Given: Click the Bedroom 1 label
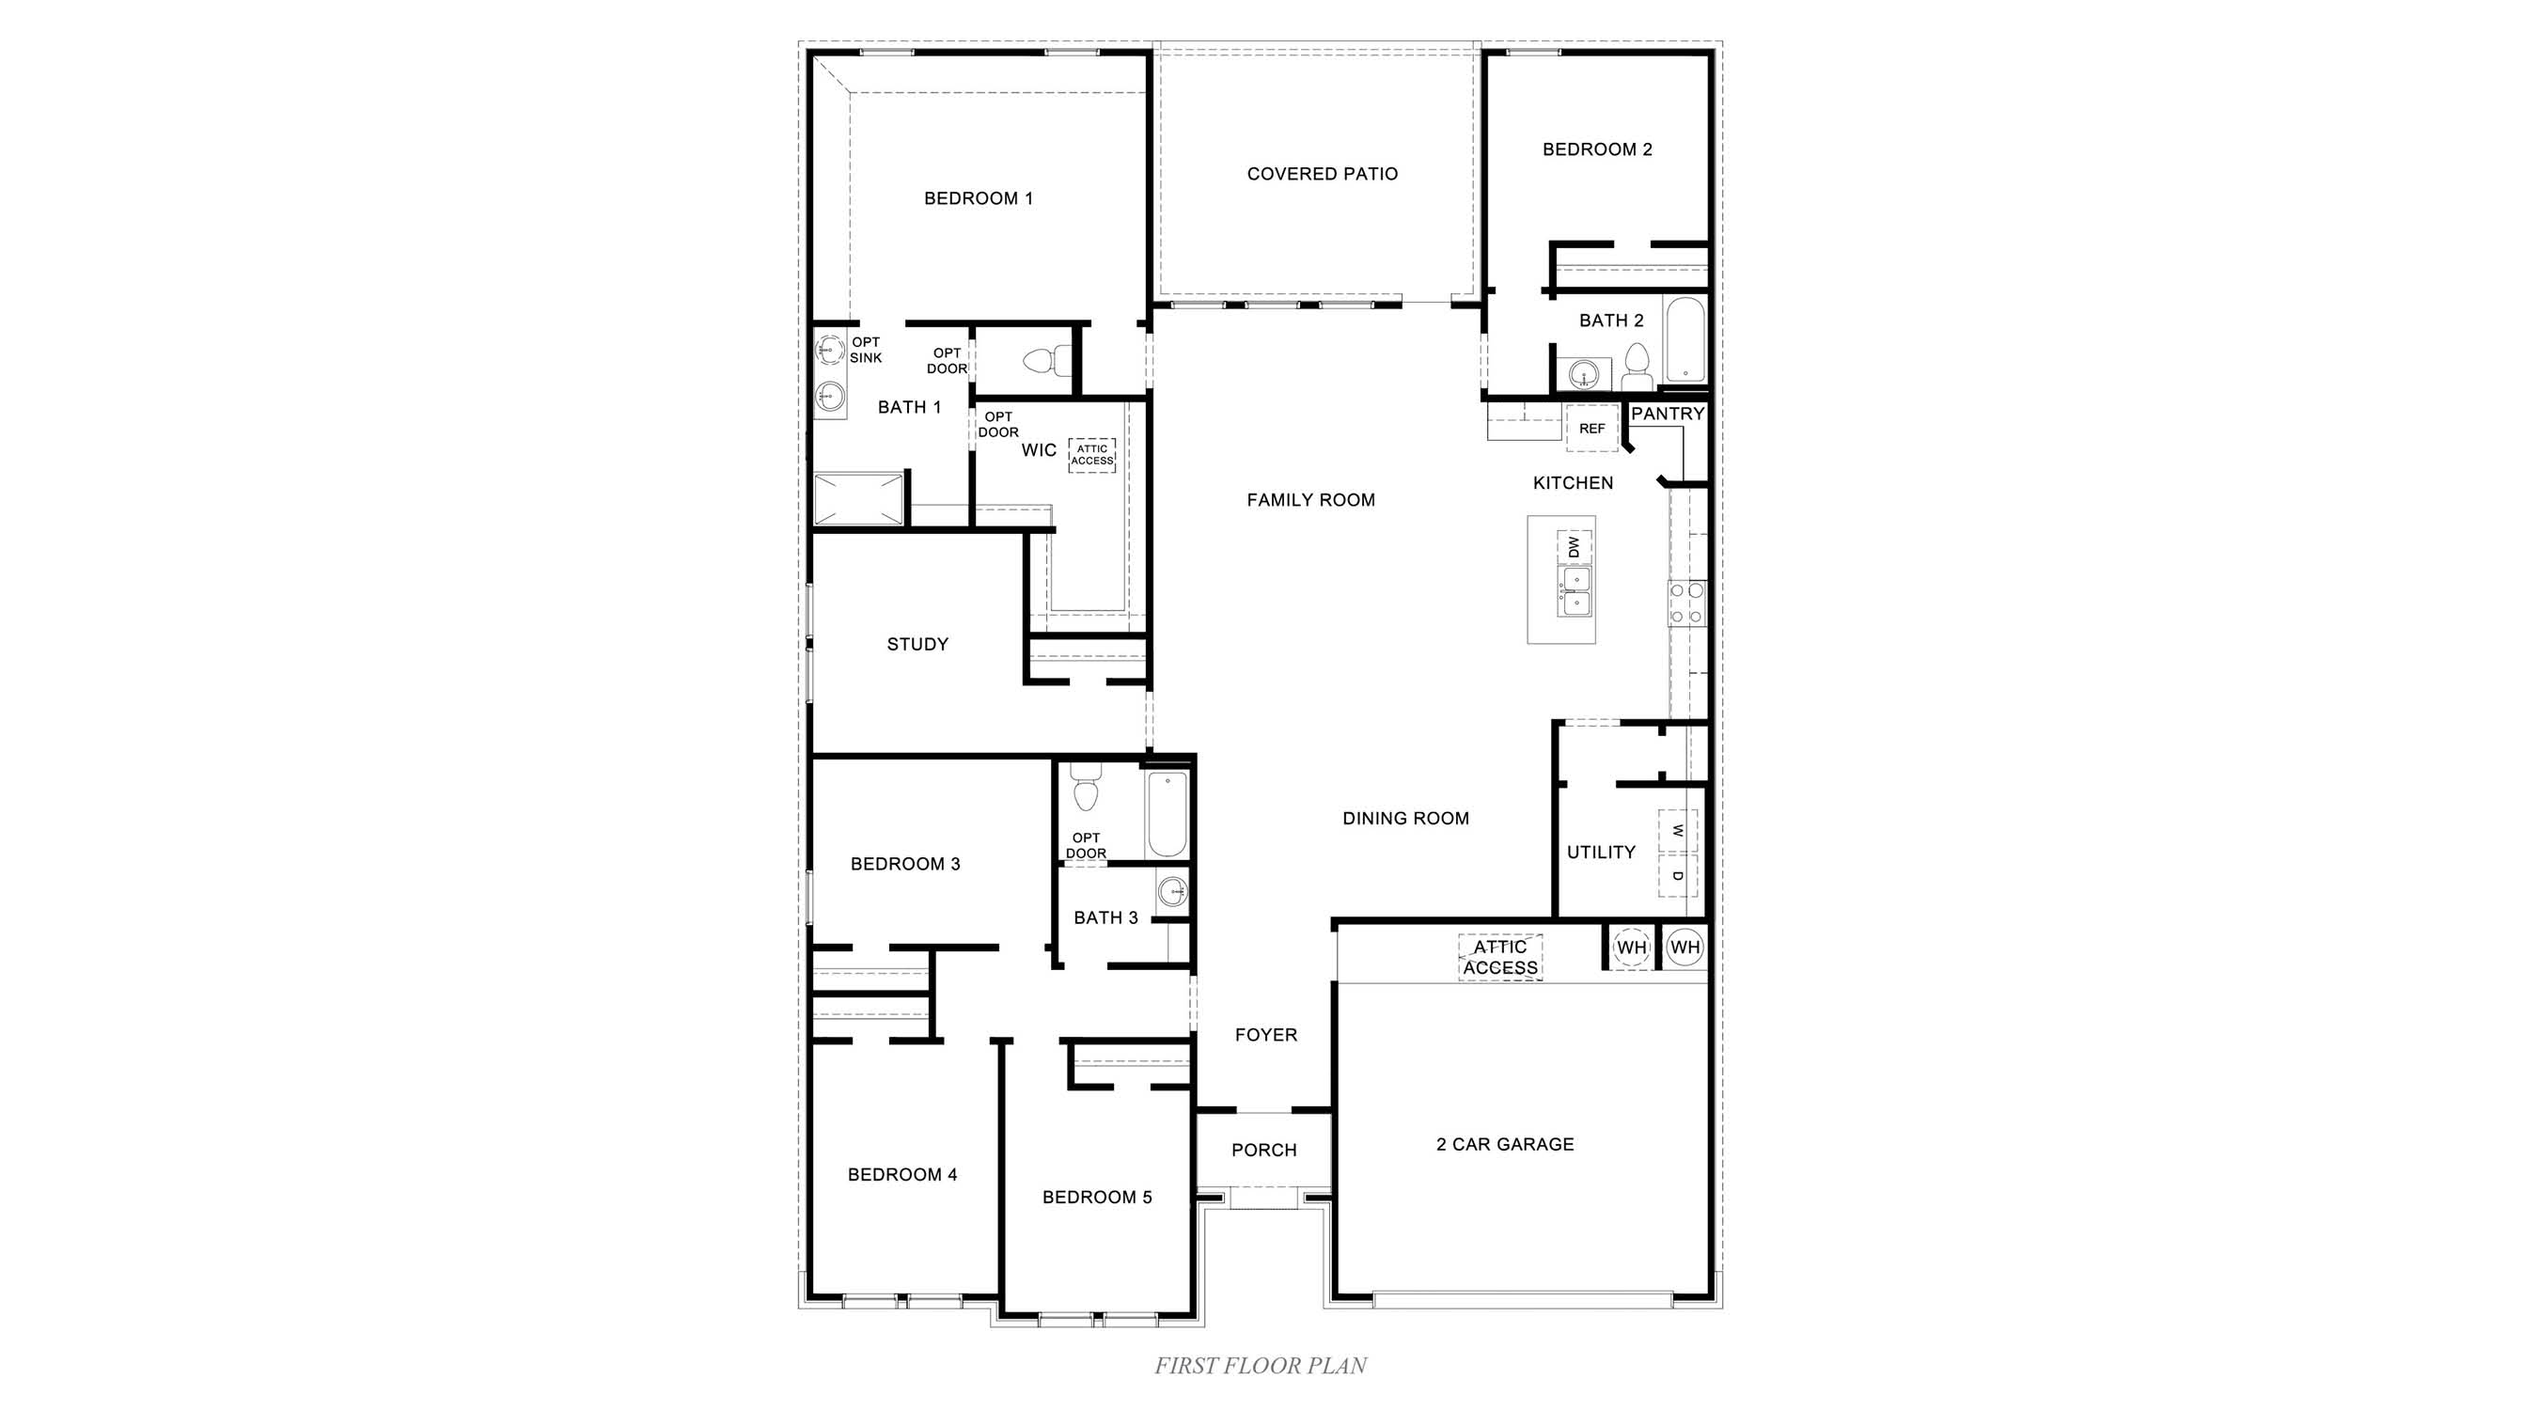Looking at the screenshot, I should [x=978, y=198].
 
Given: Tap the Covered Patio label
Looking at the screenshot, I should [x=1322, y=174].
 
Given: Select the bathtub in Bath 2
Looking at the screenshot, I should [x=1685, y=340].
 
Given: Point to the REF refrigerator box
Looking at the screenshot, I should [x=1591, y=429].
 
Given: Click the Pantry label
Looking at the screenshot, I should [x=1667, y=415].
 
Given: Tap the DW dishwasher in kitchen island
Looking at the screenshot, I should [x=1574, y=546].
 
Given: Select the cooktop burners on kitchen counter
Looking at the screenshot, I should [x=1686, y=603].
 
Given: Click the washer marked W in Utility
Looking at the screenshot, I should [x=1678, y=830].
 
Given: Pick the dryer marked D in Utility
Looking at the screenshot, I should [x=1678, y=875].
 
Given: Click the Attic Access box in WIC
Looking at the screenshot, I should [x=1091, y=455].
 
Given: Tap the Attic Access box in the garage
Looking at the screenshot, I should [x=1499, y=958].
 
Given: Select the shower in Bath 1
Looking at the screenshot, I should [x=858, y=499].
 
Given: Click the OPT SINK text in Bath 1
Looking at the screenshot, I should [x=866, y=350].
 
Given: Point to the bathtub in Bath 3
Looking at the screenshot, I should [x=1167, y=814].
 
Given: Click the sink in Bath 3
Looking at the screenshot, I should [x=1172, y=892].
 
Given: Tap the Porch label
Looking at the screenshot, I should [x=1263, y=1151].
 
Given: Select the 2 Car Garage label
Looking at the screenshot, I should [x=1504, y=1145].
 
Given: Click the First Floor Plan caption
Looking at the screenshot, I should [x=1261, y=1366].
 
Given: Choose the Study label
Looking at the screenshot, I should [x=917, y=644].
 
